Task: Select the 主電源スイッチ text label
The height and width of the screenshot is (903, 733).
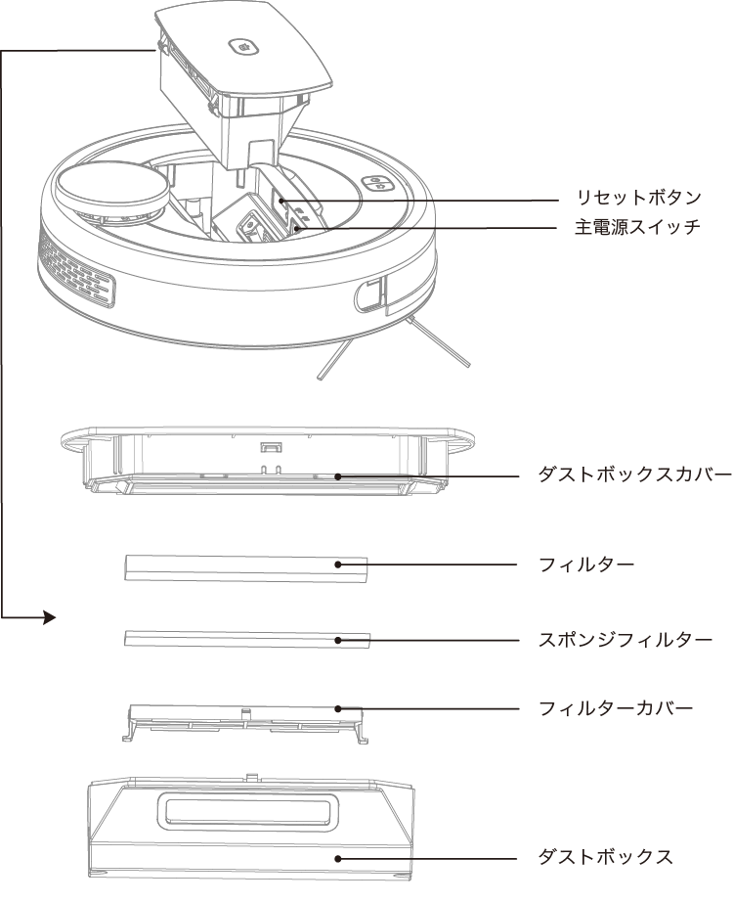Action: point(636,228)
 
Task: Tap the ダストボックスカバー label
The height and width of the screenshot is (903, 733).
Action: point(634,475)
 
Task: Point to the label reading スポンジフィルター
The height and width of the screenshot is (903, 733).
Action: point(625,640)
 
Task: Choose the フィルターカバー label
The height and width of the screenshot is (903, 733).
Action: point(616,707)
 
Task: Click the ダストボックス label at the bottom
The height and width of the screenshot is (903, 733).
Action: point(606,857)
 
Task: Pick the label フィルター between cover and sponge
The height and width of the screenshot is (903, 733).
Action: point(586,564)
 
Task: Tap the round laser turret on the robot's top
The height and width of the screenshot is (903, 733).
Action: point(109,186)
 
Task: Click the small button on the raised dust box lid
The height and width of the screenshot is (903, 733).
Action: point(241,46)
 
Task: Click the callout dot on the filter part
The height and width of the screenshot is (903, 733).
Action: point(337,564)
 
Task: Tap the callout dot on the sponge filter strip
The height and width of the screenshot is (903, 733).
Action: point(337,640)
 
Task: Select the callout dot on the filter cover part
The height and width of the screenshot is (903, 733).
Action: point(337,708)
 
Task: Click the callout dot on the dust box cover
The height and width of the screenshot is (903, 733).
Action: point(337,476)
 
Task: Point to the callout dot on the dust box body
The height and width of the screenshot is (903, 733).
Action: point(337,858)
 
